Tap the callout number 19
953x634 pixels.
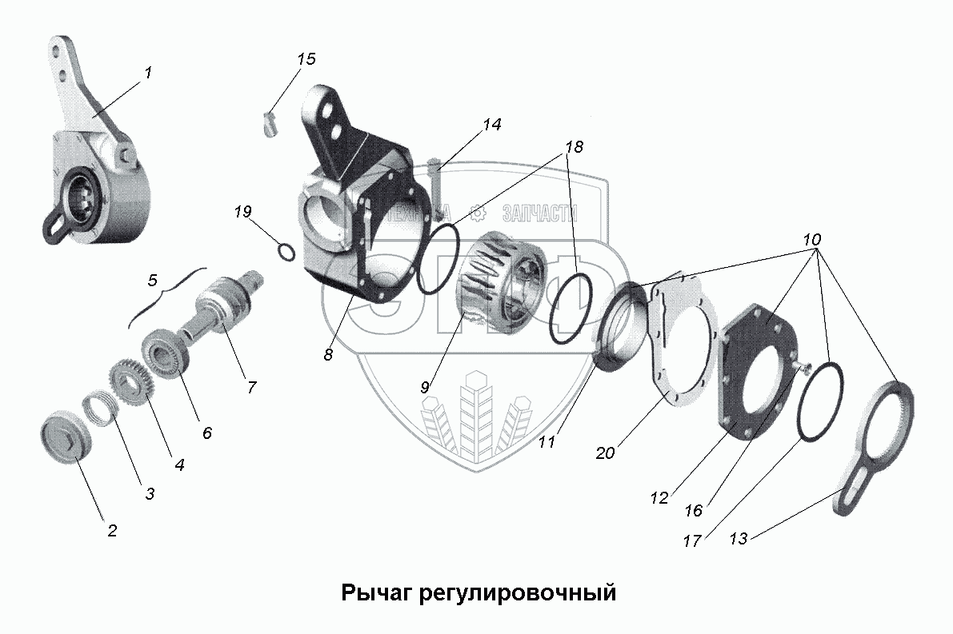point(243,212)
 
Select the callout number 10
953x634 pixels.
point(811,240)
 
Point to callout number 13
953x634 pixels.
point(739,539)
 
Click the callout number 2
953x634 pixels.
point(112,529)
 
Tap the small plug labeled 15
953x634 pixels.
point(269,123)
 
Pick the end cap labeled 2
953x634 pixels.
point(64,437)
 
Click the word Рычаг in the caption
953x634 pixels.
point(376,593)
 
